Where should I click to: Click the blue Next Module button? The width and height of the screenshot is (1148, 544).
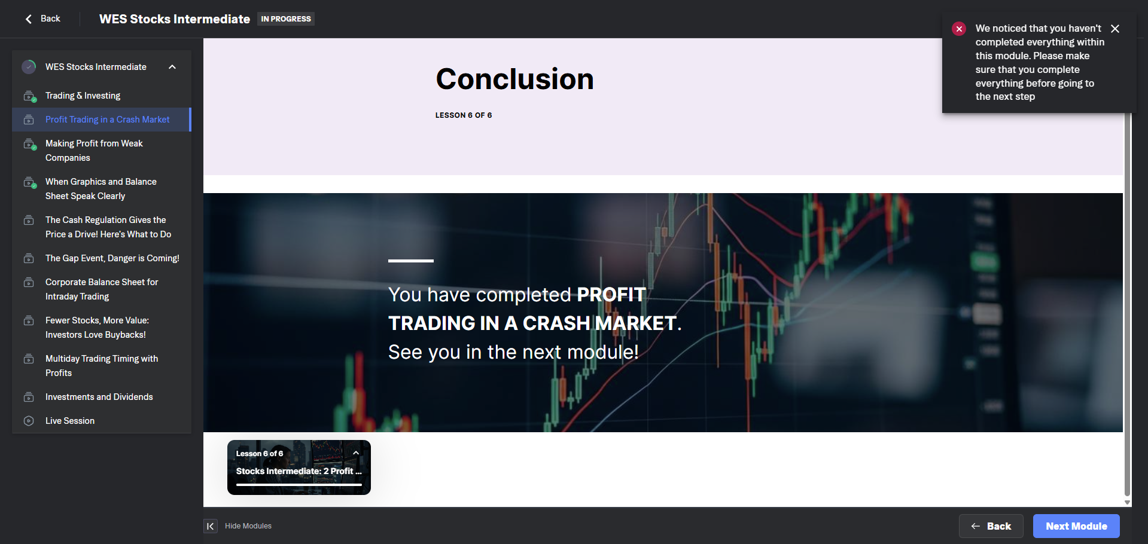pyautogui.click(x=1076, y=526)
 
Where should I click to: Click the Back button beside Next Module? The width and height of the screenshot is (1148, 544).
pyautogui.click(x=991, y=526)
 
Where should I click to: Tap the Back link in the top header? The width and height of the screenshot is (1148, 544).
pyautogui.click(x=42, y=19)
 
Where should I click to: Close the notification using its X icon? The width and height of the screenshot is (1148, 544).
pyautogui.click(x=1115, y=29)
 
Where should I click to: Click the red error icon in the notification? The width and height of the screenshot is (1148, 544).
pyautogui.click(x=959, y=29)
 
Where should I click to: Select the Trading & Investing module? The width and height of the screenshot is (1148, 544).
pyautogui.click(x=83, y=96)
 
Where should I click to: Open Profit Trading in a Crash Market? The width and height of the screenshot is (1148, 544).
pyautogui.click(x=107, y=120)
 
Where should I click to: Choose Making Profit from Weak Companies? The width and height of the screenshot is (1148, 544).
pyautogui.click(x=94, y=151)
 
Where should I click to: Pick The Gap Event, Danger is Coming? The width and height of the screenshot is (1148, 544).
pyautogui.click(x=112, y=258)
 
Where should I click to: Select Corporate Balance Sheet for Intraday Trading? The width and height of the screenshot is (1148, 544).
pyautogui.click(x=102, y=289)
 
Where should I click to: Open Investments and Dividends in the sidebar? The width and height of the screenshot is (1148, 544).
pyautogui.click(x=99, y=397)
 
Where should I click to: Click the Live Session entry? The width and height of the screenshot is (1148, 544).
pyautogui.click(x=70, y=421)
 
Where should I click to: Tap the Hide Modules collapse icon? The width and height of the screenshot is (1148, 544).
pyautogui.click(x=211, y=526)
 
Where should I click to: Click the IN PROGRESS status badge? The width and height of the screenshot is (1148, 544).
pyautogui.click(x=286, y=19)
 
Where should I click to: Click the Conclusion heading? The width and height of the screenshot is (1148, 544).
pyautogui.click(x=514, y=79)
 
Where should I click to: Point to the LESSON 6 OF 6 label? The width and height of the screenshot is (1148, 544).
pyautogui.click(x=464, y=115)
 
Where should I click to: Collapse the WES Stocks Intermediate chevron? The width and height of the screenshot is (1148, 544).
pyautogui.click(x=172, y=67)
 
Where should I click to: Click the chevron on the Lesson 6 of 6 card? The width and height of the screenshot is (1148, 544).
pyautogui.click(x=356, y=453)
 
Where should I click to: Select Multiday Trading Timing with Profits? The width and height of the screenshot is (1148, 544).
pyautogui.click(x=102, y=366)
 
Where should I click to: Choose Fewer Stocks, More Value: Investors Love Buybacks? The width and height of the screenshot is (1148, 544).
pyautogui.click(x=97, y=328)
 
